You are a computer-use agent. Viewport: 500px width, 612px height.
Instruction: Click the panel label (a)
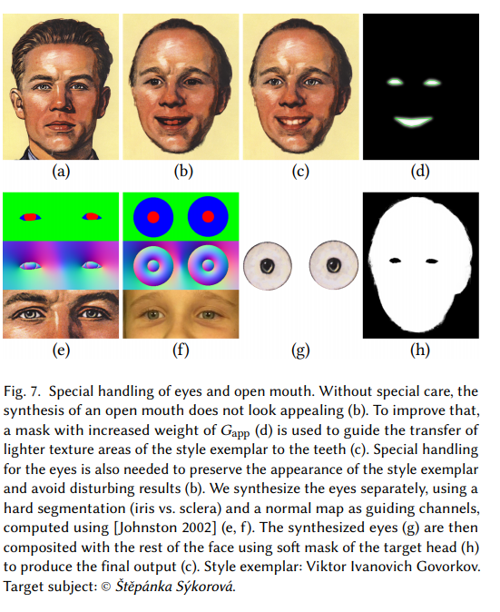point(61,172)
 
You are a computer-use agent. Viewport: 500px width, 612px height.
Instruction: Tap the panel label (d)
point(420,172)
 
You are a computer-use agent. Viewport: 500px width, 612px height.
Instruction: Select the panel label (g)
point(300,350)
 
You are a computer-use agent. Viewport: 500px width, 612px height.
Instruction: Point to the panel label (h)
point(420,350)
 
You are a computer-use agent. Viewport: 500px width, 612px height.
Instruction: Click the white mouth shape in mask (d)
point(413,122)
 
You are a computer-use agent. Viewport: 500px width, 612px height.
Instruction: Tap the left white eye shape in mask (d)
point(395,82)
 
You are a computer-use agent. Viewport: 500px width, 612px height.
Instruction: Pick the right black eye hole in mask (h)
point(432,261)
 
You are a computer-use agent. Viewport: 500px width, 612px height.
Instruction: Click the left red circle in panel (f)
point(153,217)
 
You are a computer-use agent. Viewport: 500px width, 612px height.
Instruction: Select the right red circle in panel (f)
point(208,217)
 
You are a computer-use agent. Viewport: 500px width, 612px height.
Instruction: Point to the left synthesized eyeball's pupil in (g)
point(267,266)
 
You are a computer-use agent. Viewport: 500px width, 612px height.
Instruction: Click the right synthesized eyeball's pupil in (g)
point(333,265)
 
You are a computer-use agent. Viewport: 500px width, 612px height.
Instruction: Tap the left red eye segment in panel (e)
point(30,217)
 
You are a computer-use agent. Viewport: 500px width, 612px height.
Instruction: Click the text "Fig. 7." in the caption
point(22,391)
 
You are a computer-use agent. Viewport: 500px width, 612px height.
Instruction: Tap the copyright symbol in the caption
point(105,587)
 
